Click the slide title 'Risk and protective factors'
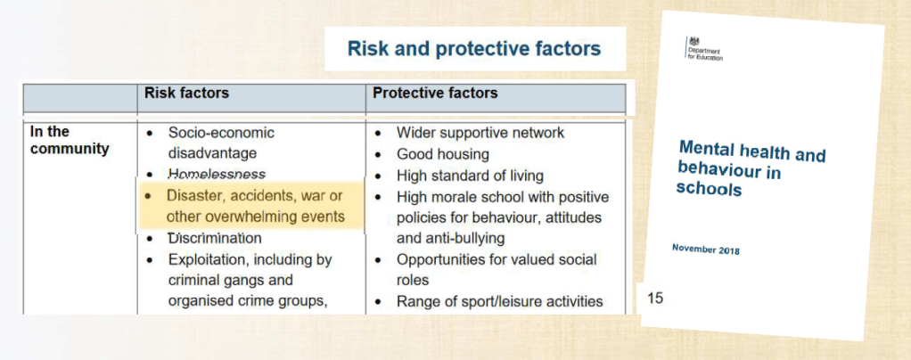pos(474,49)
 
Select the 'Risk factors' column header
pos(186,93)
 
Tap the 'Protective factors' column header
pos(435,93)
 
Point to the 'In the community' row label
pos(70,141)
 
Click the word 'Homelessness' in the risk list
pos(217,175)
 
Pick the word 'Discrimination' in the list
pos(215,238)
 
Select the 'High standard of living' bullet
pos(470,176)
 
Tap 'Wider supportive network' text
pos(480,133)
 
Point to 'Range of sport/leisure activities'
pos(500,302)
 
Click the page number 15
pos(655,299)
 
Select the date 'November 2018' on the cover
pos(705,250)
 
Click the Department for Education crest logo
pos(694,41)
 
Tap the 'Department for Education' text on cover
pos(705,54)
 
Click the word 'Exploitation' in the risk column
pos(207,259)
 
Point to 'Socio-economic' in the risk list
pos(221,133)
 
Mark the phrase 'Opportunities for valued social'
pos(497,259)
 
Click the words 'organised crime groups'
pos(248,302)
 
